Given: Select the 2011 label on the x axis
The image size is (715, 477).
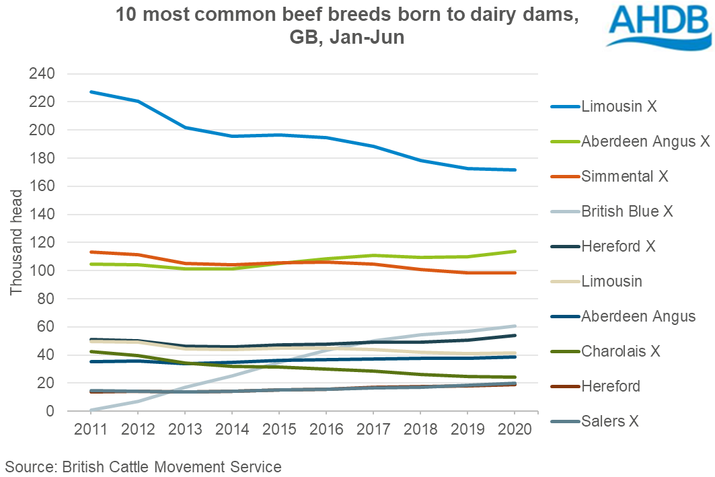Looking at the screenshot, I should tap(91, 429).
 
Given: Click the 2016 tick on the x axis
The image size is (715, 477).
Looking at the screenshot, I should tap(326, 429).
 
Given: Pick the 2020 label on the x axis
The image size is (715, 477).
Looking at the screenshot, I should tap(515, 429).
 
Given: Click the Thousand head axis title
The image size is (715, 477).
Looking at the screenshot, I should tap(16, 242).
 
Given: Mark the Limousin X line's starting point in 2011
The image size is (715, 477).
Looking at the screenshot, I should tap(91, 91).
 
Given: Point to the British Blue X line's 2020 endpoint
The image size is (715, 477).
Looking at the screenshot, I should tap(515, 326).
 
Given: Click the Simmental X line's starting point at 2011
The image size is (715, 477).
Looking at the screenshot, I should tap(91, 252).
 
